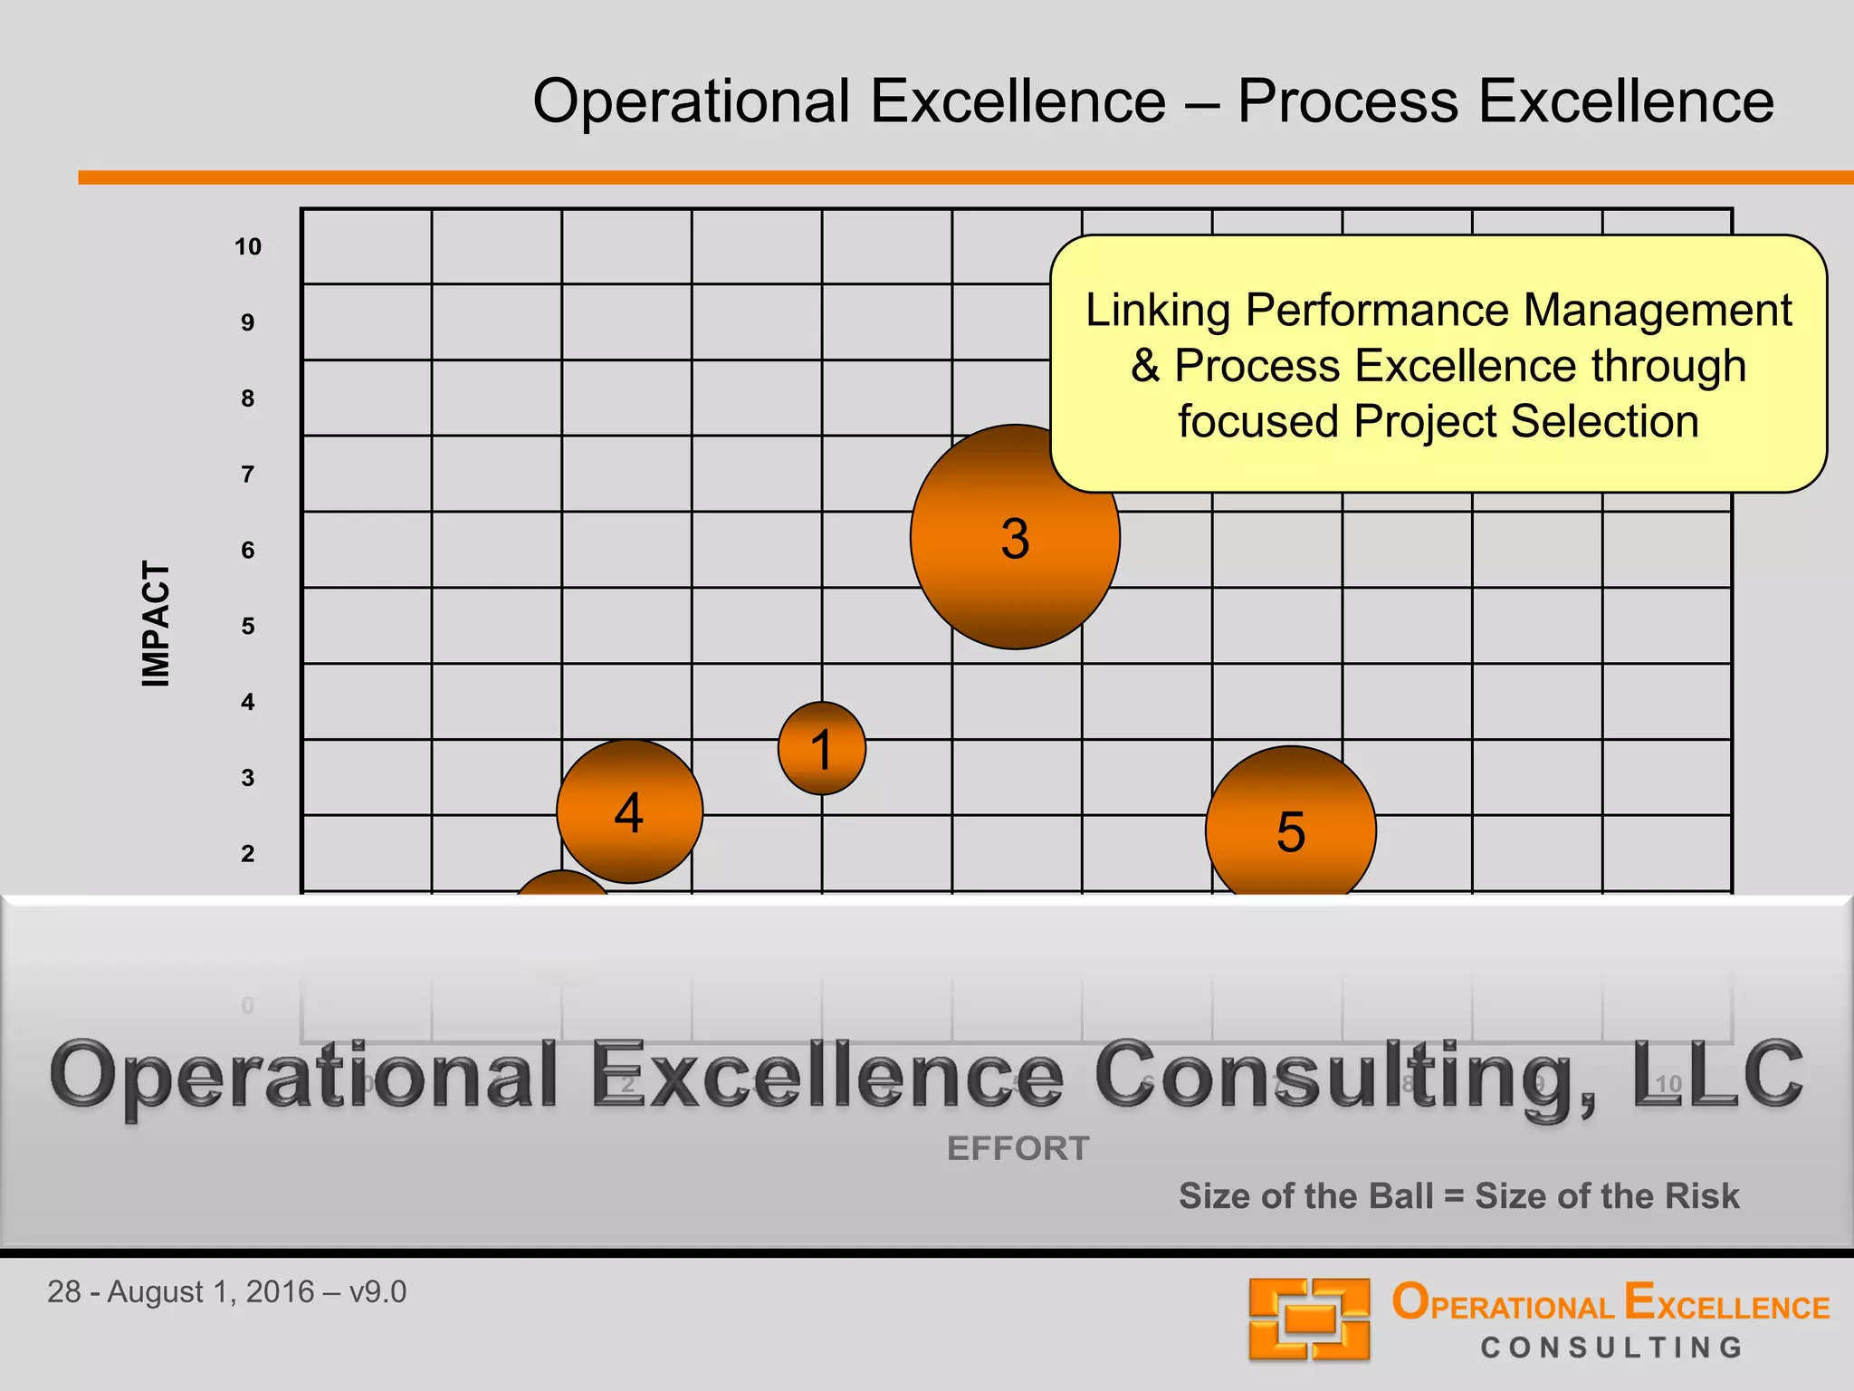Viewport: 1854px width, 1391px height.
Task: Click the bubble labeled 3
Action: tap(1015, 537)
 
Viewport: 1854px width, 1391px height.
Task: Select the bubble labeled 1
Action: tap(821, 748)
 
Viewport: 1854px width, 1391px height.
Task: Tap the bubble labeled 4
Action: tap(629, 811)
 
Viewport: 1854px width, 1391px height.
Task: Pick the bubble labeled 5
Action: tap(1290, 829)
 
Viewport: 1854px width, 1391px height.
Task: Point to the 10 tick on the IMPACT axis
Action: tap(247, 246)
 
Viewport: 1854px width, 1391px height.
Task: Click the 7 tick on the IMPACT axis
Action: tap(247, 474)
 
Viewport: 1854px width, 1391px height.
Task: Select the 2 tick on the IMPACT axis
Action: tap(247, 853)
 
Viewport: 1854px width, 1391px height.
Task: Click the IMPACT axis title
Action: tap(156, 623)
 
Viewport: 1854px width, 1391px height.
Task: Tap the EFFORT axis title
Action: tap(1018, 1148)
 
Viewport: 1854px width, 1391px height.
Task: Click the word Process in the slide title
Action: tap(1347, 101)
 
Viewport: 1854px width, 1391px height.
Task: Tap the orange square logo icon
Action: tap(1309, 1319)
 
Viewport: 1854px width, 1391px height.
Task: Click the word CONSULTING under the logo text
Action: tap(1611, 1348)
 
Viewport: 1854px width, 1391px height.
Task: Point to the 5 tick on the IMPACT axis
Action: tap(247, 626)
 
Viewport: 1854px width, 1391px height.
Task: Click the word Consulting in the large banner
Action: tap(1343, 1074)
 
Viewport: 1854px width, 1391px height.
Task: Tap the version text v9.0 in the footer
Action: tap(377, 1291)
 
